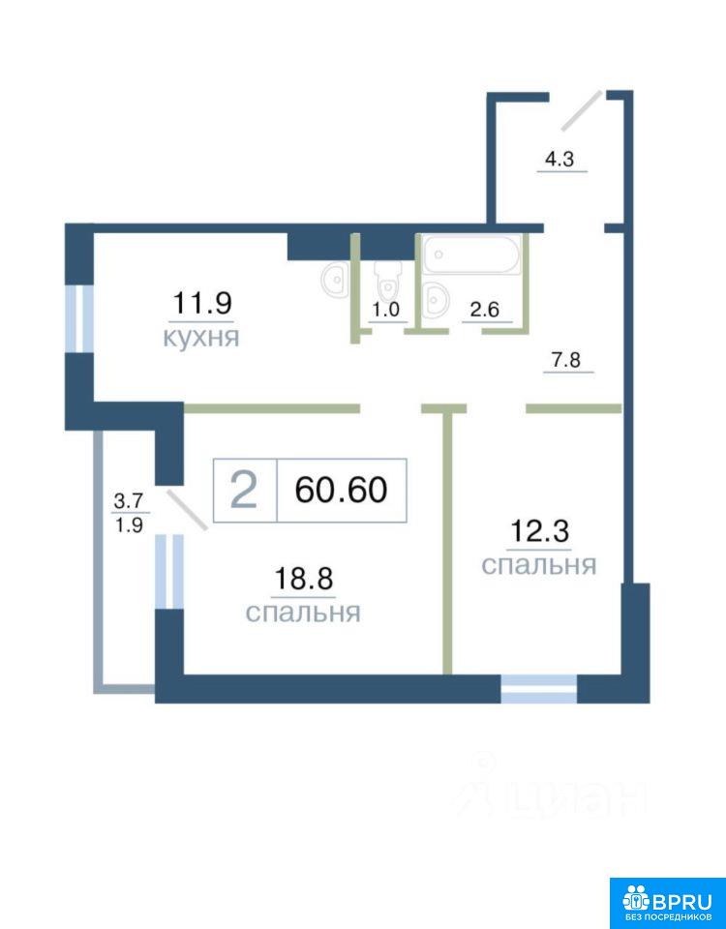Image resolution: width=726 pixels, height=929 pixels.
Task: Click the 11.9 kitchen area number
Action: pos(201,303)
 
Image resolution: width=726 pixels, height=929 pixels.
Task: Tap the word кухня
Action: pos(201,338)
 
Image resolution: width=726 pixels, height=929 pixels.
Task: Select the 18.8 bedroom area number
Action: pos(303,579)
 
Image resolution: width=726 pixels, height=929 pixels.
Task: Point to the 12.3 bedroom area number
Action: pos(539,531)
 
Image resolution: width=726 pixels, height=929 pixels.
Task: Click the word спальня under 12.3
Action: pos(539,565)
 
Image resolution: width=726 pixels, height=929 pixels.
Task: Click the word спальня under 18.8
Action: pos(303,613)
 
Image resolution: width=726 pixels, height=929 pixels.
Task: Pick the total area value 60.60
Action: pos(342,490)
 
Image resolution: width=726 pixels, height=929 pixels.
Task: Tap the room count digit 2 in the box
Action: pos(244,491)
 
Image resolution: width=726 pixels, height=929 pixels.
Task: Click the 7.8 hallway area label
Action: pos(567,360)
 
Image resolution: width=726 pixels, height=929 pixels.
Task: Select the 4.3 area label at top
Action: pos(560,160)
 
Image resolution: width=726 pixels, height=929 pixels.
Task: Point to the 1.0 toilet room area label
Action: pos(386,311)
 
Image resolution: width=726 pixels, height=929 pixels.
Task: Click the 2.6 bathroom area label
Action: pos(485,310)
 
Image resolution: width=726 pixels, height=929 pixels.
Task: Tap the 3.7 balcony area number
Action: pos(129,502)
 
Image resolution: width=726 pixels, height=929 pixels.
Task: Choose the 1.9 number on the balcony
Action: pos(129,524)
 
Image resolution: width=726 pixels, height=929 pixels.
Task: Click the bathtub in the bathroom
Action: pos(471,254)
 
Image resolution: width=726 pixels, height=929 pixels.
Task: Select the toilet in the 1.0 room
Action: pos(388,280)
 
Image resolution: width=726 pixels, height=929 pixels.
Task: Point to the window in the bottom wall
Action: pos(539,688)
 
